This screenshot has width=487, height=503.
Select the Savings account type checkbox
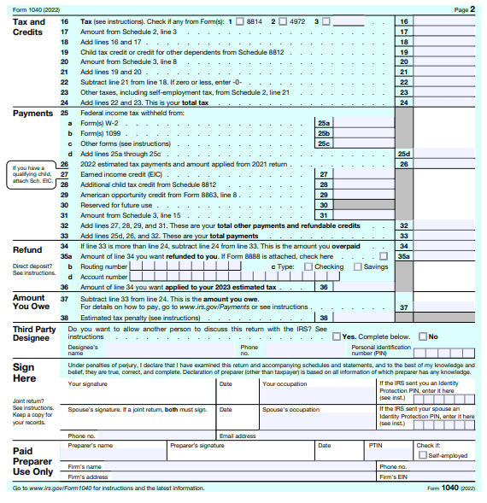tap(358, 266)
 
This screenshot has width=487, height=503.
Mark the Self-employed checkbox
tap(421, 455)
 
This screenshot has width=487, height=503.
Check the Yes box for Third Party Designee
tap(337, 336)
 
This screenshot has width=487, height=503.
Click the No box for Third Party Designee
tap(422, 336)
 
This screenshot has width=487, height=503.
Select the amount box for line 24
tap(444, 102)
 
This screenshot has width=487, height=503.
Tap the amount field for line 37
tap(444, 307)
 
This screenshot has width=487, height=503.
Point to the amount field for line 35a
tap(444, 255)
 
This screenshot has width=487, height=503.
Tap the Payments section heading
tap(33, 113)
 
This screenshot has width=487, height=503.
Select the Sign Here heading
tap(24, 372)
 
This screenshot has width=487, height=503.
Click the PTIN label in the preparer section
tap(376, 445)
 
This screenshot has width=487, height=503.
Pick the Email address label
tap(237, 436)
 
